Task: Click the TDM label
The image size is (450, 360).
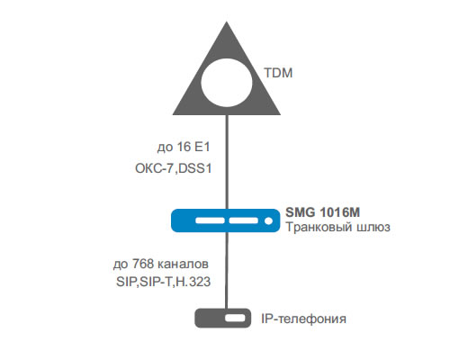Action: click(x=278, y=73)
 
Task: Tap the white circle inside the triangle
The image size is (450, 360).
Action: click(x=227, y=83)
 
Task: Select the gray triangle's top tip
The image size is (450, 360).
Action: click(x=227, y=22)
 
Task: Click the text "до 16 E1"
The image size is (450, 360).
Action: click(x=184, y=147)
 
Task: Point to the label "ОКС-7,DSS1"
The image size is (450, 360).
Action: click(x=174, y=168)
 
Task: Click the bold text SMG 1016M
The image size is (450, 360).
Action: click(x=323, y=212)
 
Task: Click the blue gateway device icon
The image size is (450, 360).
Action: click(x=226, y=220)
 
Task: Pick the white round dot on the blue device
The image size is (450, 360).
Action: click(x=268, y=220)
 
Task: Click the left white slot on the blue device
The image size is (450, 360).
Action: click(x=210, y=220)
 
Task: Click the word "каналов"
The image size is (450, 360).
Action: click(x=183, y=265)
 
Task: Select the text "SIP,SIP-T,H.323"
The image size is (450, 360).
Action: click(x=164, y=282)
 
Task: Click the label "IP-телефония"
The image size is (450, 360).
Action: click(x=303, y=319)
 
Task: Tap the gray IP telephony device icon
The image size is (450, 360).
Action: click(x=223, y=318)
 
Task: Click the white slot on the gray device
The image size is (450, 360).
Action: click(x=235, y=318)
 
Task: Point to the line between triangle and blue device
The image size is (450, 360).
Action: click(x=227, y=162)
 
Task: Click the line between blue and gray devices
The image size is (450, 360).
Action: click(x=226, y=270)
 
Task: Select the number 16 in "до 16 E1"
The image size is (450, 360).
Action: click(x=184, y=147)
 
